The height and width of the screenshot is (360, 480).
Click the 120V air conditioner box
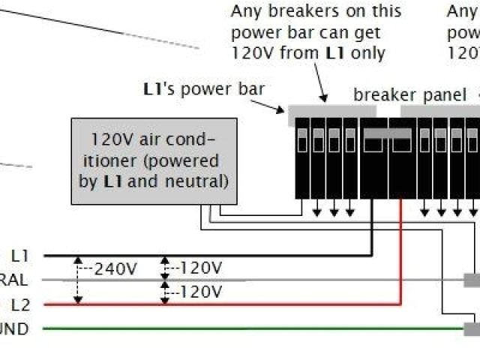coord(154,160)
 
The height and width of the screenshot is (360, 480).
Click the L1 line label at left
coord(20,256)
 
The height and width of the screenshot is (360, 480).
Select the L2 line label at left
coord(20,304)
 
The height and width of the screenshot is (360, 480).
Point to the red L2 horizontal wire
coord(225,304)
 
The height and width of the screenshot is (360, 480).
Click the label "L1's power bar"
coord(203,88)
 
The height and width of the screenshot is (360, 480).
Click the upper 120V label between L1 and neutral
coord(202,268)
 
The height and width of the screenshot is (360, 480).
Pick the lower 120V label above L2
coord(202,292)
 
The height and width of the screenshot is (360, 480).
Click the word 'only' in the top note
coord(368,52)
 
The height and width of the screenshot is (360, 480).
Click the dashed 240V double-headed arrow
coord(78,280)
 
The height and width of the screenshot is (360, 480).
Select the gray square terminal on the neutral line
coord(472,280)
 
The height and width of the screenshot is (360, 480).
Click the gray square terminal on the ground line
coord(472,328)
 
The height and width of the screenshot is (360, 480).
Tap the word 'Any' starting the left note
coord(247,11)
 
